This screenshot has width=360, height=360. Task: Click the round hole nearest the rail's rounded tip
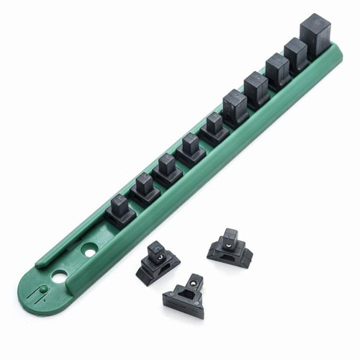[x=60, y=276]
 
